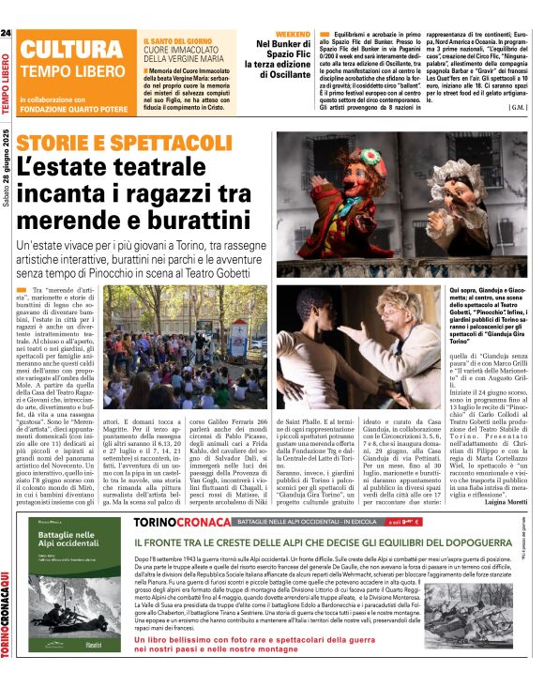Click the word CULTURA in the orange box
click(64, 52)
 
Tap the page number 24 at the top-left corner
click(7, 34)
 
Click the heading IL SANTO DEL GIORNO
click(177, 41)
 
